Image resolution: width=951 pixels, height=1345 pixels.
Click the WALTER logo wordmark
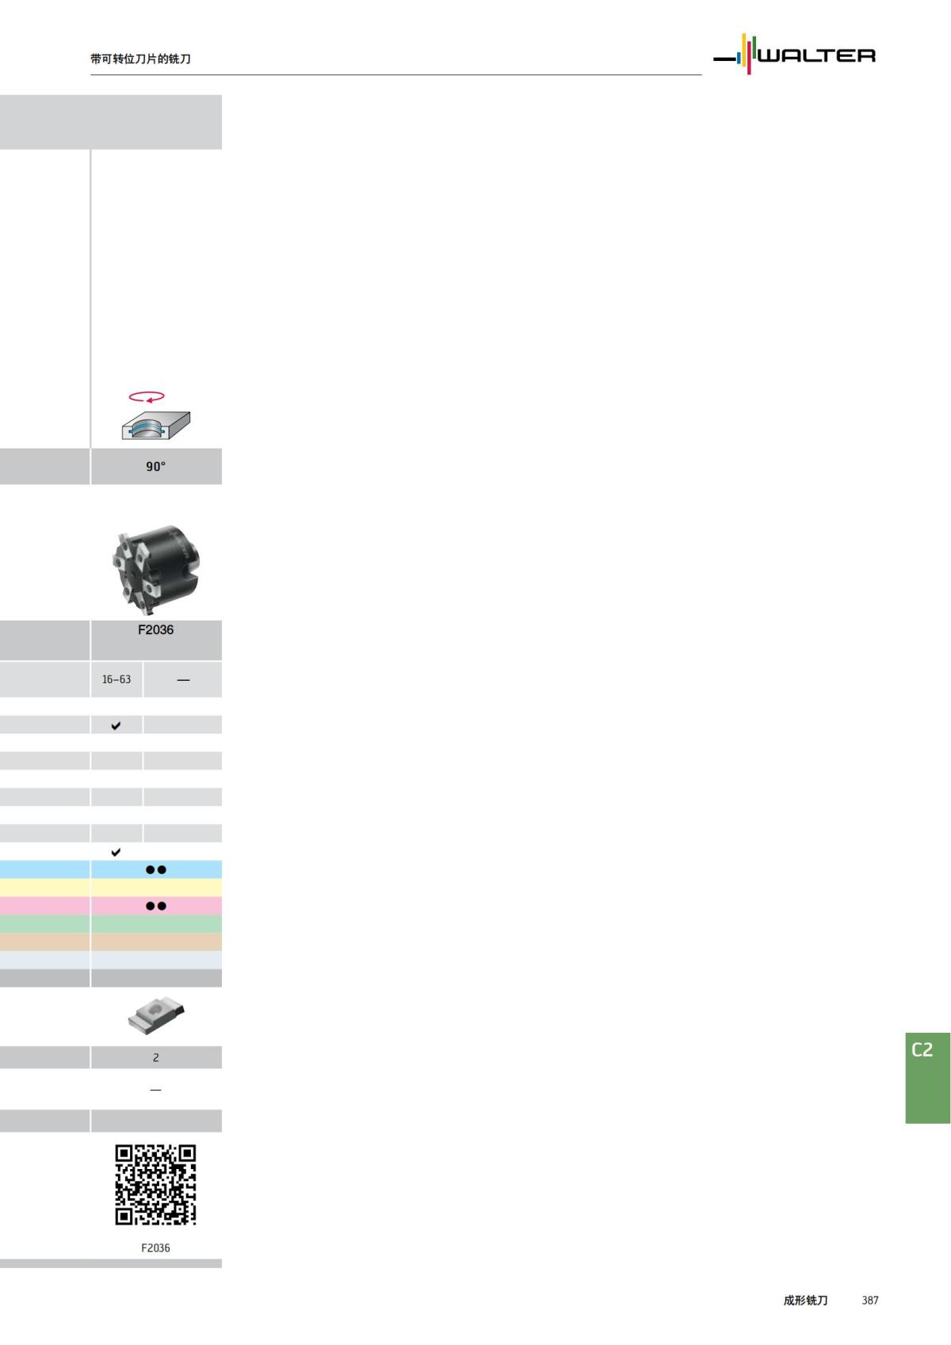coord(816,55)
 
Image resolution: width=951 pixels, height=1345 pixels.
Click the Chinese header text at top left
coord(140,59)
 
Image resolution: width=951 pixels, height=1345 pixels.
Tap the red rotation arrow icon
coord(147,396)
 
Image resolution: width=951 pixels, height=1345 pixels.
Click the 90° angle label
coord(155,466)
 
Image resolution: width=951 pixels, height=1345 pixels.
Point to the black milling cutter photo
coord(156,568)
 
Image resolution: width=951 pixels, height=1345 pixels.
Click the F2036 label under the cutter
coord(155,629)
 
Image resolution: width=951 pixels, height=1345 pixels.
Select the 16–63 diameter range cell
coord(116,679)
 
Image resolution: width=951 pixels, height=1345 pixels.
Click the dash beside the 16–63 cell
coord(183,680)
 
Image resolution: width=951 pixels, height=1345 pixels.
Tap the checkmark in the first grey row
coord(116,725)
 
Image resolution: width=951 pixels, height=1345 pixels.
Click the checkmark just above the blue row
coord(116,852)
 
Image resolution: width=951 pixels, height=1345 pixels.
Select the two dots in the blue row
coord(156,869)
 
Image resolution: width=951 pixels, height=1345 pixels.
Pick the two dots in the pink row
coord(156,906)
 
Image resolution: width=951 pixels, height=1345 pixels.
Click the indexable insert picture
coord(156,1015)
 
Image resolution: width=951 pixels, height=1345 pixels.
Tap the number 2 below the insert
coord(155,1057)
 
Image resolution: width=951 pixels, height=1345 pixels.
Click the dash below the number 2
coord(155,1090)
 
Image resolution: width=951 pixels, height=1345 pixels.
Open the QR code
coord(155,1184)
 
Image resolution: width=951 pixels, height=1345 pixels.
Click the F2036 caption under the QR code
coord(155,1248)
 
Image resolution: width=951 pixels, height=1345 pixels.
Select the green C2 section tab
coord(927,1077)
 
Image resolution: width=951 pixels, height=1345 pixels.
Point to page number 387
coord(870,1300)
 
